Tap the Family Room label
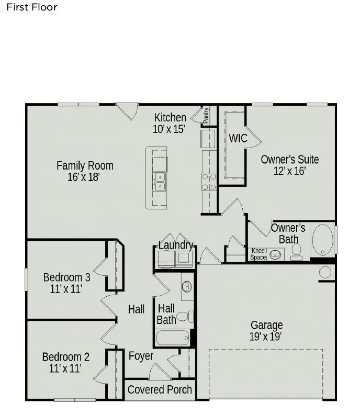pyautogui.click(x=85, y=166)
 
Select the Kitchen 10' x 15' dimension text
pyautogui.click(x=168, y=129)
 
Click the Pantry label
pyautogui.click(x=206, y=115)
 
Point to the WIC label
pyautogui.click(x=238, y=138)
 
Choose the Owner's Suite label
pyautogui.click(x=289, y=160)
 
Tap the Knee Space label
pyautogui.click(x=258, y=254)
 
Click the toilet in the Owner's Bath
pyautogui.click(x=297, y=252)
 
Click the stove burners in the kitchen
pyautogui.click(x=209, y=182)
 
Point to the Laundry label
pyautogui.click(x=176, y=245)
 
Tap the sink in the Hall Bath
pyautogui.click(x=187, y=287)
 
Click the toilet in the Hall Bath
pyautogui.click(x=184, y=316)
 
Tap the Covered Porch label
pyautogui.click(x=160, y=389)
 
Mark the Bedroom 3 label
pyautogui.click(x=66, y=277)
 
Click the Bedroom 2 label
pyautogui.click(x=66, y=357)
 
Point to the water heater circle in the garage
pyautogui.click(x=325, y=272)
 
